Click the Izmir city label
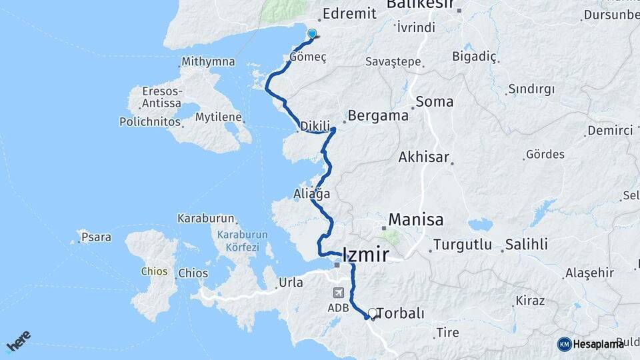365,254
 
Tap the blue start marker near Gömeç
311,33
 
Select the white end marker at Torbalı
372,312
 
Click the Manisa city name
416,219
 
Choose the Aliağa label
312,193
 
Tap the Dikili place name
315,125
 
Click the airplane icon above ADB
338,293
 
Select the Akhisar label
424,158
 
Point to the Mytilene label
218,117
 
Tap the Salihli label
527,244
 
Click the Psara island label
97,236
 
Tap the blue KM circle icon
565,344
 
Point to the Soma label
434,102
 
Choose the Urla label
290,282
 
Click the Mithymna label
208,62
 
